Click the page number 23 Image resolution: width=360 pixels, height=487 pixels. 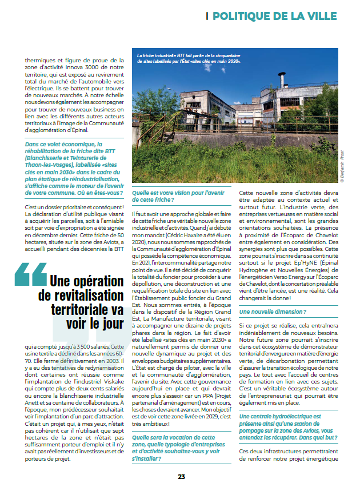pyautogui.click(x=181, y=477)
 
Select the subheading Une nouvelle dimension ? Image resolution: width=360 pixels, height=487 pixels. pyautogui.click(x=273, y=312)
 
